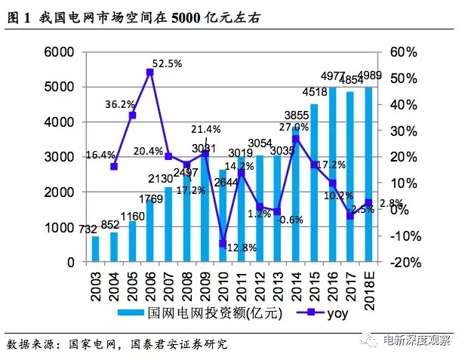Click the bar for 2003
[96, 249]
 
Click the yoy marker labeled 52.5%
[150, 72]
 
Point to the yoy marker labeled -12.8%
[223, 243]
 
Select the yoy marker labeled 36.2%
[132, 115]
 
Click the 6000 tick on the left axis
[61, 52]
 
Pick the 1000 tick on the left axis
[61, 227]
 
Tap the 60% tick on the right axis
[403, 52]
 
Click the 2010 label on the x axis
[223, 285]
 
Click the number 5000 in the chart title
[192, 14]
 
